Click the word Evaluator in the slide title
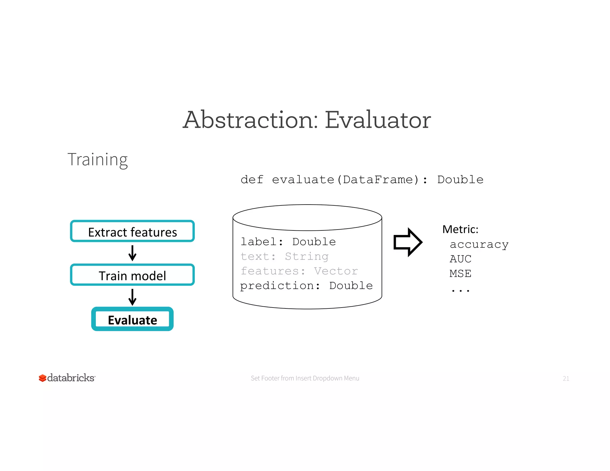[x=377, y=120]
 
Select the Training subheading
[x=98, y=160]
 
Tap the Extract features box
[x=132, y=231]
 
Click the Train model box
[x=132, y=275]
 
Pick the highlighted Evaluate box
[x=132, y=319]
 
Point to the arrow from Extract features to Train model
[x=132, y=253]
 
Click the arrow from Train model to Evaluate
[x=132, y=297]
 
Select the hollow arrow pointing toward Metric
[x=407, y=242]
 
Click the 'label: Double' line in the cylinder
[x=288, y=242]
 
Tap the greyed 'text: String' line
[x=284, y=256]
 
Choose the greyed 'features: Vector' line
[x=299, y=271]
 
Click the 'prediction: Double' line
[x=306, y=286]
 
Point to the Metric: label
[x=460, y=229]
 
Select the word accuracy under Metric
[x=479, y=245]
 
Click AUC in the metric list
[x=460, y=259]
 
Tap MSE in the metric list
[x=460, y=274]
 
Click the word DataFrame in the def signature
[x=378, y=180]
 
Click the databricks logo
[x=67, y=378]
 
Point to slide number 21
[x=566, y=378]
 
